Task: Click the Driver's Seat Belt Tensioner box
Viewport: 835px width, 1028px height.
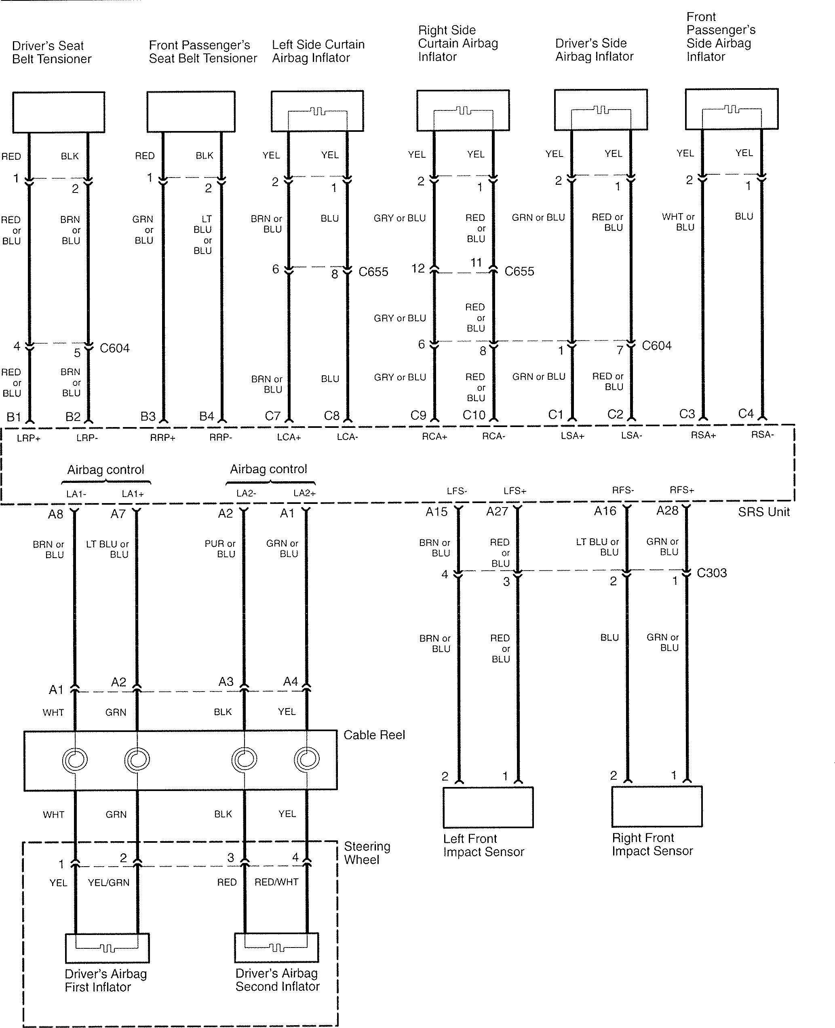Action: click(x=58, y=112)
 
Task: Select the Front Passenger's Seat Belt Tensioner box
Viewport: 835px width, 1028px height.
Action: click(x=191, y=112)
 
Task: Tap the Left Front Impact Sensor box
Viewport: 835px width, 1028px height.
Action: click(x=488, y=807)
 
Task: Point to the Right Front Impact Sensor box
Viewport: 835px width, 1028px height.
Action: click(x=656, y=806)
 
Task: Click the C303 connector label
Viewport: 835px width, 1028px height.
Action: click(x=711, y=573)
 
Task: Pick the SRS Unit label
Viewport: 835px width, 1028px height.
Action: click(x=763, y=512)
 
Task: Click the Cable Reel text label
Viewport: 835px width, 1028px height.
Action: click(x=374, y=735)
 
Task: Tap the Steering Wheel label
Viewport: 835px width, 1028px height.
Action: click(x=367, y=853)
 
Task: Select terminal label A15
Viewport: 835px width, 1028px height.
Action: click(x=436, y=512)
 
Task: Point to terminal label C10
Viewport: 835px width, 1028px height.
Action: click(x=474, y=415)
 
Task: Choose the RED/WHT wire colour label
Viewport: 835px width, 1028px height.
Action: click(x=276, y=882)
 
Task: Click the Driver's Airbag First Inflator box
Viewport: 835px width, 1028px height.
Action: click(x=107, y=948)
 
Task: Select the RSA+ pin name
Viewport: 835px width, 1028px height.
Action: click(x=703, y=435)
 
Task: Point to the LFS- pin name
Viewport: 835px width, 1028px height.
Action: click(x=456, y=491)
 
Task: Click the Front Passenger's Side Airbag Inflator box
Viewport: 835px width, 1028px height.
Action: click(x=731, y=109)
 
